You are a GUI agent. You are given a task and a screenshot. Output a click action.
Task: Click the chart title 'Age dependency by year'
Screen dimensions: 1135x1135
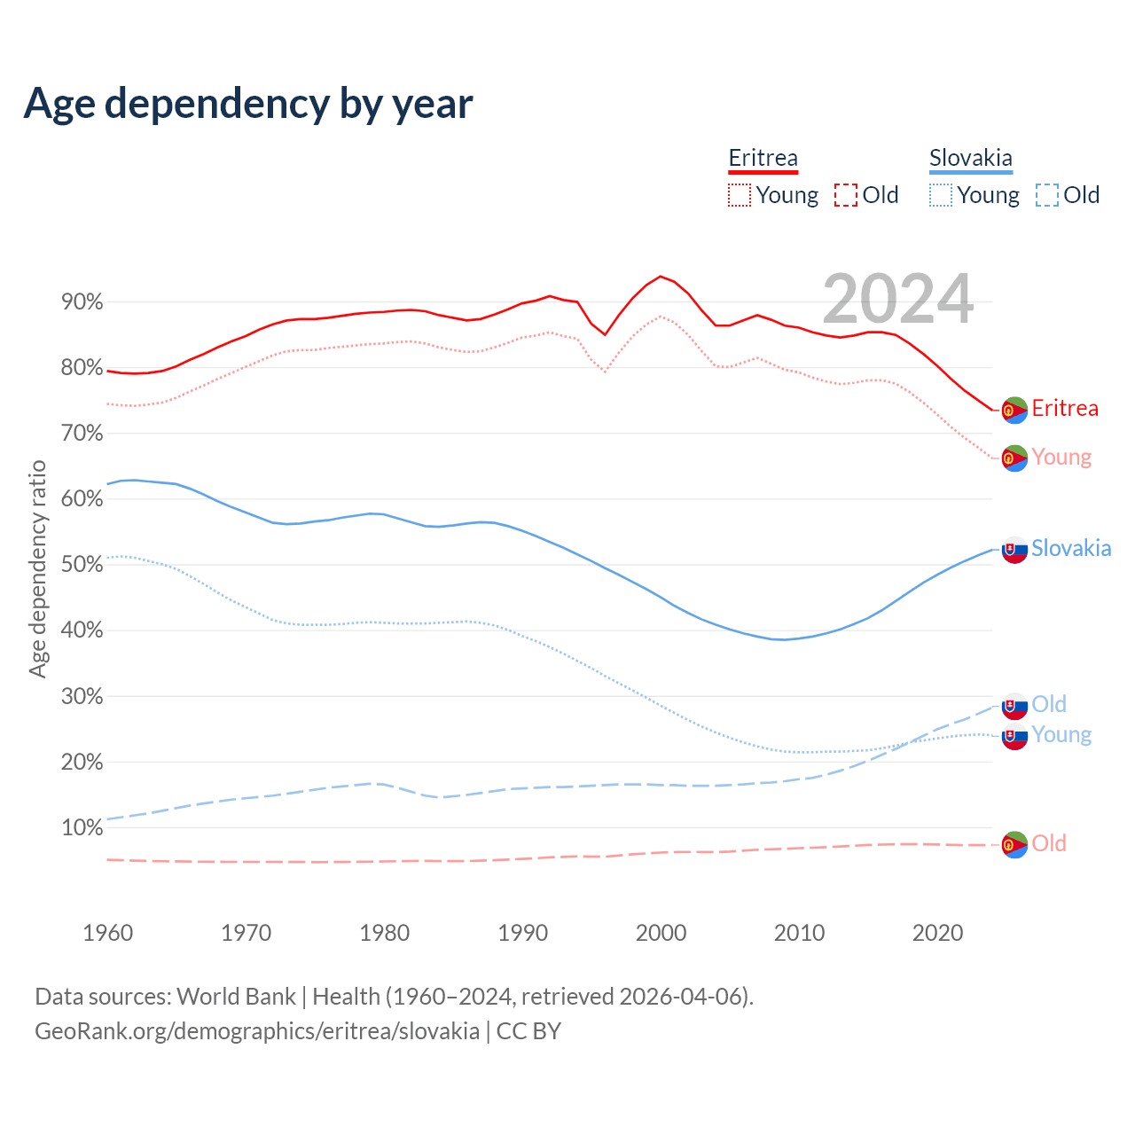pos(248,103)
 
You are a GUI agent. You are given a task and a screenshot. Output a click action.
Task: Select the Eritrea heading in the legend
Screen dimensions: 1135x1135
pos(763,158)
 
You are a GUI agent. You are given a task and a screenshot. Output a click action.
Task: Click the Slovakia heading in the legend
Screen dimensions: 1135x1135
pos(970,158)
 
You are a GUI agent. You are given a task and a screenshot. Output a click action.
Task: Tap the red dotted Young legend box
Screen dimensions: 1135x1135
pos(740,195)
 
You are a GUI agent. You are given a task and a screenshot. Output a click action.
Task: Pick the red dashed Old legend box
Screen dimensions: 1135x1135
pos(846,195)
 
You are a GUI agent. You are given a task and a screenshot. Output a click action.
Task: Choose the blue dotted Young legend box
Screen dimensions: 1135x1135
pos(941,195)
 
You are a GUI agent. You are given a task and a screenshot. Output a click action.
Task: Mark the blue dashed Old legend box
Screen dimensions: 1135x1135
pos(1047,195)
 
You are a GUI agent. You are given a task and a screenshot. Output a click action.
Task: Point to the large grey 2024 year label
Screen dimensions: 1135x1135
pos(898,299)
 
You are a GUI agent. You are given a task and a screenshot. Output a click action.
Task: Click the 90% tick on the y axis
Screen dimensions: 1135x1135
pos(82,302)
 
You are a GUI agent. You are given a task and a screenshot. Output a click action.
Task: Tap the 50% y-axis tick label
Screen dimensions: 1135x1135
pos(82,565)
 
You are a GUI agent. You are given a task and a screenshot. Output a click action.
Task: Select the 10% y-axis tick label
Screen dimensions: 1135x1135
pos(82,828)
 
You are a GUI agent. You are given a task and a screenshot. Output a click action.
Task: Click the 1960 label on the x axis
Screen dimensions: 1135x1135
pos(107,933)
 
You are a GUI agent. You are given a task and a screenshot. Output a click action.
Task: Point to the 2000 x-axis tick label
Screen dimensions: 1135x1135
pos(661,933)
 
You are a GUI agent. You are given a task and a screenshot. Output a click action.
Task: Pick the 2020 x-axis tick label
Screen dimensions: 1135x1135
pos(937,933)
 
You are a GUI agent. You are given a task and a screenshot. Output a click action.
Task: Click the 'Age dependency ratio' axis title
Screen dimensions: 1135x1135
pos(37,568)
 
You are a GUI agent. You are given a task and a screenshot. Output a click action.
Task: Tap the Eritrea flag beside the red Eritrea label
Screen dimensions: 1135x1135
pos(1014,410)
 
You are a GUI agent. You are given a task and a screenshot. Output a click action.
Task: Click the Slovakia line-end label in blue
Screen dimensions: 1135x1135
pos(1071,548)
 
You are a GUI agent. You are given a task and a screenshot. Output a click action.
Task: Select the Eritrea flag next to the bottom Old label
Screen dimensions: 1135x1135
pos(1014,844)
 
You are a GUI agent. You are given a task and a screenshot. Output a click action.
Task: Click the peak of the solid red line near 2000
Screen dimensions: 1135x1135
pos(661,276)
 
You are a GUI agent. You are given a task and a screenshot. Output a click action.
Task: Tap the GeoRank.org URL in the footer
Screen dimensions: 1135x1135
pos(257,1031)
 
